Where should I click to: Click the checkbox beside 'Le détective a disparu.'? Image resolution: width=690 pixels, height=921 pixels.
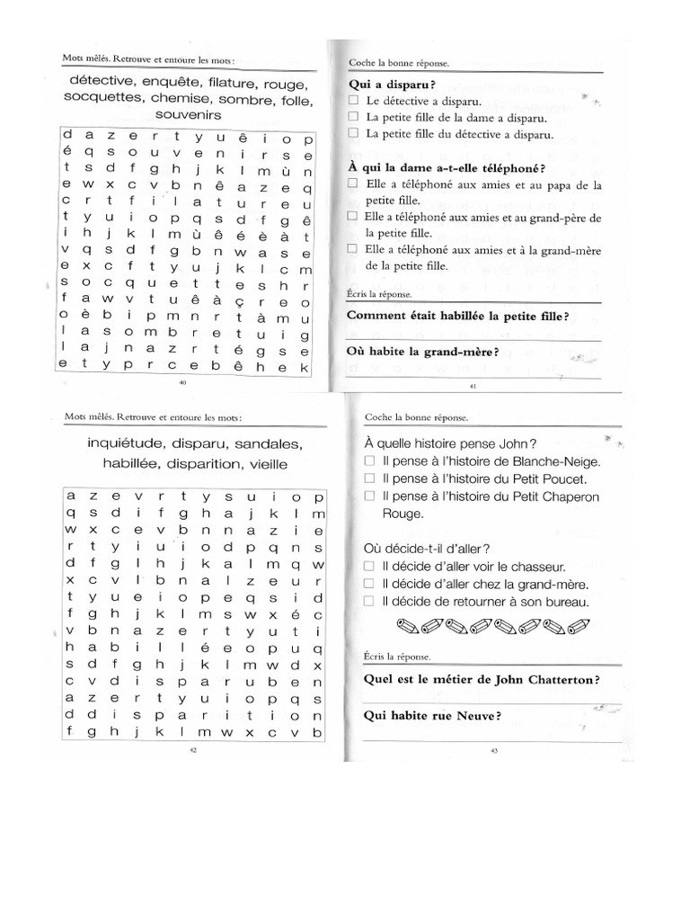click(x=354, y=101)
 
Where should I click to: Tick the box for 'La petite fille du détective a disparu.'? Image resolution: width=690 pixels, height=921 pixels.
click(x=354, y=136)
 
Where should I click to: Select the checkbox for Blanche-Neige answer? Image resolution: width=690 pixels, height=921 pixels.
click(x=370, y=461)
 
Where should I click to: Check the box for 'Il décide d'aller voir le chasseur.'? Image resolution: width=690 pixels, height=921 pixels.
click(x=370, y=567)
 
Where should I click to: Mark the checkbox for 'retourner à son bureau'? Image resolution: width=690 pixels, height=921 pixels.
click(x=370, y=602)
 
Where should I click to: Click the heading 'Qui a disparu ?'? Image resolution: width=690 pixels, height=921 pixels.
click(x=385, y=84)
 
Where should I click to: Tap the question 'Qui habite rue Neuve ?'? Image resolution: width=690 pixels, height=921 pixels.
click(x=431, y=716)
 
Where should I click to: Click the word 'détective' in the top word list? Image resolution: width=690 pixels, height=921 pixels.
click(x=102, y=83)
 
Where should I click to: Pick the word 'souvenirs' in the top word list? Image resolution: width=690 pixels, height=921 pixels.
click(x=189, y=115)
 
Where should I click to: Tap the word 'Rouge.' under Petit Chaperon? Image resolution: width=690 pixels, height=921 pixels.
click(x=401, y=514)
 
